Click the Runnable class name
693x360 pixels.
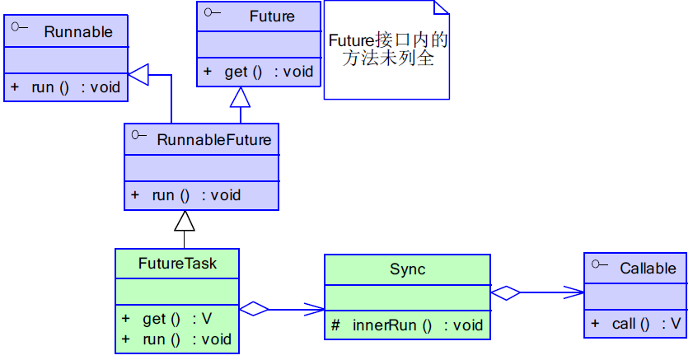click(78, 32)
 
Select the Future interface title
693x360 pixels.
click(272, 16)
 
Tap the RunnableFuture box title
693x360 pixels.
click(213, 140)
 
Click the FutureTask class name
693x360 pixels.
click(177, 264)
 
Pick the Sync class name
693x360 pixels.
click(407, 269)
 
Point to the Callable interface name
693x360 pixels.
click(648, 268)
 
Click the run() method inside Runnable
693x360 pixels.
click(66, 87)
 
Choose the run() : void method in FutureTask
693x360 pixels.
click(176, 339)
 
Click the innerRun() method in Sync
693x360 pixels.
click(407, 325)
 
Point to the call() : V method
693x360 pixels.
click(636, 324)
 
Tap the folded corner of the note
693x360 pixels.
click(442, 7)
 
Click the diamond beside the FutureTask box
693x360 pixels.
click(255, 310)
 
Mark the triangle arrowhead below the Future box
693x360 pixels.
click(240, 98)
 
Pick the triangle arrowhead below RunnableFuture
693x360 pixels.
click(185, 221)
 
